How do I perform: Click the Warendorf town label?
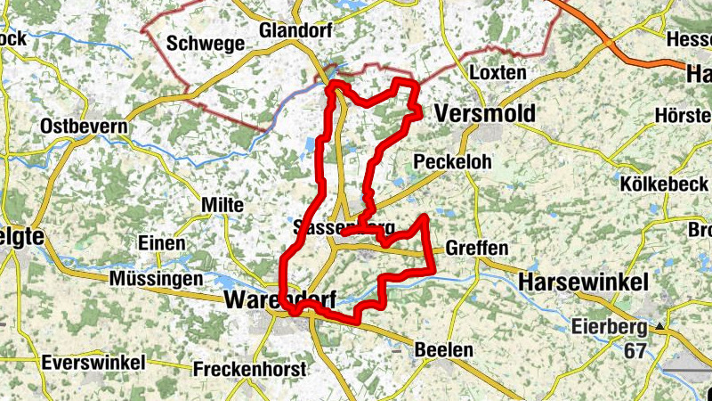coord(279,300)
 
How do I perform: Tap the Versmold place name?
coord(485,114)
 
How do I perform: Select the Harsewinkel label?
coord(583,282)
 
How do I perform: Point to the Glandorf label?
coord(295,31)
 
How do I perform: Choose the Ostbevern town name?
coord(84,127)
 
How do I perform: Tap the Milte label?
coord(222,205)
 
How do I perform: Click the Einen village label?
coord(162,243)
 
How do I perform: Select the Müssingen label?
coord(157,280)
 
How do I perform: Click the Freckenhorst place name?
coord(249,369)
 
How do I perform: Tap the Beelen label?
coord(444,350)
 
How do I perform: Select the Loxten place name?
coord(498,72)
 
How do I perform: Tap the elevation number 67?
coord(635,351)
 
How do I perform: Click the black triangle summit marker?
coord(660,328)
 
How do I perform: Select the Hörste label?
coord(681,116)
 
